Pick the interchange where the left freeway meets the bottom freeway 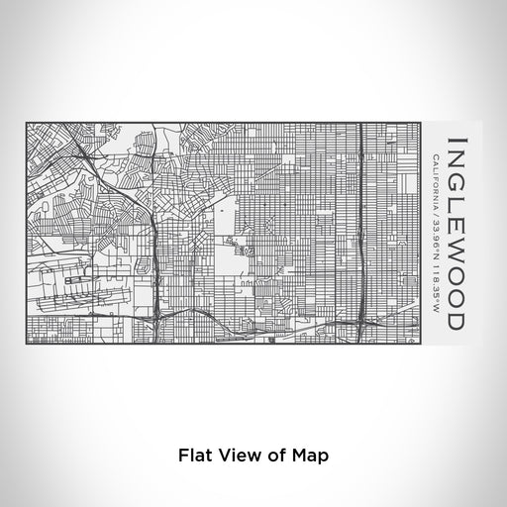[157, 319]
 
